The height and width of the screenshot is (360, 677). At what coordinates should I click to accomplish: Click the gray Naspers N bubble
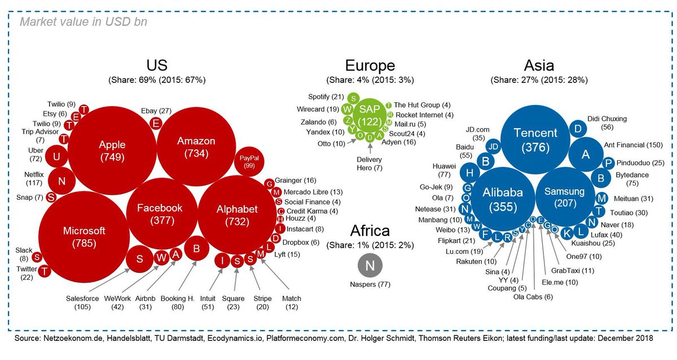click(370, 265)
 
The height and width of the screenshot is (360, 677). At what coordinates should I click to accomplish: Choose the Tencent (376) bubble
click(535, 139)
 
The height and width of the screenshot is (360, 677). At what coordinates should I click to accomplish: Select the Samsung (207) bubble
click(565, 197)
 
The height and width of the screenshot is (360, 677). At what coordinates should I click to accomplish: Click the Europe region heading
click(370, 65)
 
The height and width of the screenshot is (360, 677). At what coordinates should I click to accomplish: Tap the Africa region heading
click(370, 230)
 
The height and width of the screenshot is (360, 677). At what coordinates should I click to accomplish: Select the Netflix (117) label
click(34, 178)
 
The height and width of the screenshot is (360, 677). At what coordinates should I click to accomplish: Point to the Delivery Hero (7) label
click(370, 164)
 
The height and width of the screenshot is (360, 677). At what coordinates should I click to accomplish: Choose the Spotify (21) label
click(326, 97)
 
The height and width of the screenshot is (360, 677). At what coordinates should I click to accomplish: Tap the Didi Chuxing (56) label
click(607, 123)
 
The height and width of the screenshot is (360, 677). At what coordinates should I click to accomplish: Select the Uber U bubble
click(56, 156)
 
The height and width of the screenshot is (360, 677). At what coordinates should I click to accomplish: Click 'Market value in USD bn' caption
click(83, 22)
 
